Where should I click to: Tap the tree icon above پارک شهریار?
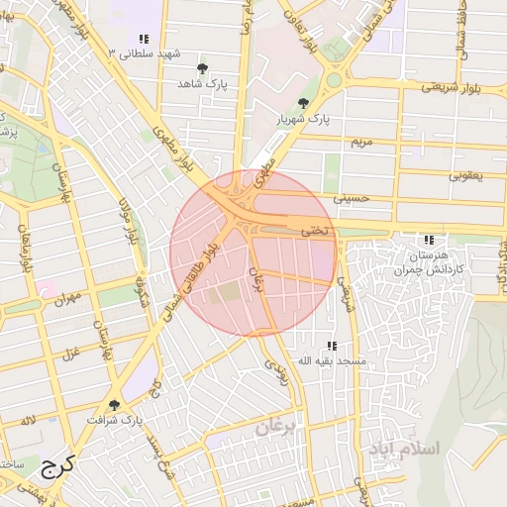click(x=303, y=102)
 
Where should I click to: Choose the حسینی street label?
click(x=351, y=198)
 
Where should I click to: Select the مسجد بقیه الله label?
click(x=333, y=361)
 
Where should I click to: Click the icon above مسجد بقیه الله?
click(x=333, y=346)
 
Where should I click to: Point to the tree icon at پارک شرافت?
click(x=115, y=405)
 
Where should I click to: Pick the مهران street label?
click(x=66, y=296)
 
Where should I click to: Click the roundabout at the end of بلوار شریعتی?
click(x=335, y=79)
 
